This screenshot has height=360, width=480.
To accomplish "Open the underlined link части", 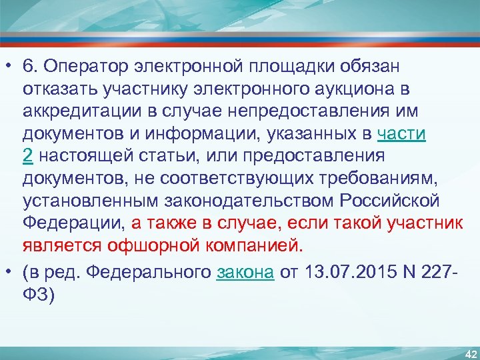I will click(x=401, y=133).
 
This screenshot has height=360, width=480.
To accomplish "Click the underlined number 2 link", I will click(x=27, y=155).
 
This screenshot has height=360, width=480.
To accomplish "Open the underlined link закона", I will click(x=245, y=273).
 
